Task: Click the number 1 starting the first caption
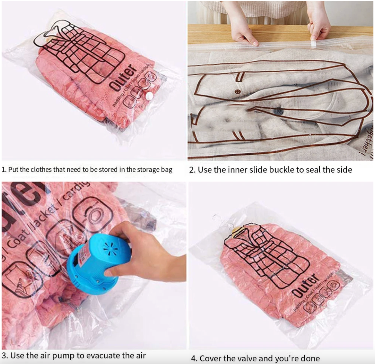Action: pos(3,170)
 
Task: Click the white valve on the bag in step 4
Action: pos(332,304)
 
